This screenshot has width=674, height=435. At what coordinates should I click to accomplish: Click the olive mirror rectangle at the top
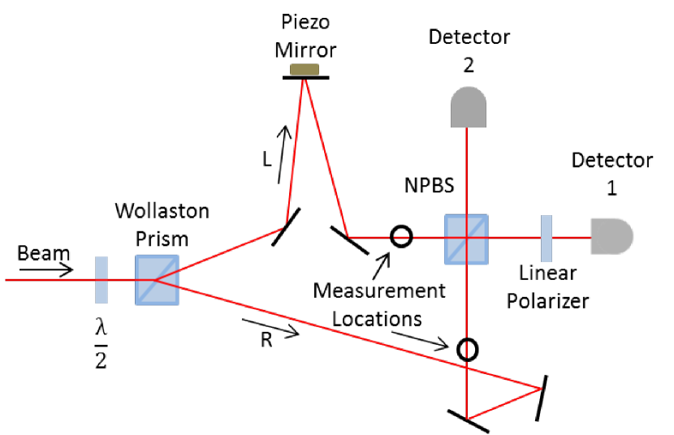point(305,69)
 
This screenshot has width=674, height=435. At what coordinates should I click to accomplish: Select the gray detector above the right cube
point(469,107)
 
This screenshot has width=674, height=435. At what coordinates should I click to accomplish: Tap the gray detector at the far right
point(611,236)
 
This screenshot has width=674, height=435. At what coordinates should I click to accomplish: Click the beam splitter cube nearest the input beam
point(157,280)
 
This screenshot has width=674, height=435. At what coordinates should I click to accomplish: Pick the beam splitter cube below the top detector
point(466,239)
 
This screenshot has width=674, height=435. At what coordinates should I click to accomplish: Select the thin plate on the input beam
point(102,280)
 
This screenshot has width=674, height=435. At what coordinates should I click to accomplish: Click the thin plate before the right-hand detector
point(547,239)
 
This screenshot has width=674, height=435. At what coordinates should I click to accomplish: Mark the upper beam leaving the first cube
point(219,254)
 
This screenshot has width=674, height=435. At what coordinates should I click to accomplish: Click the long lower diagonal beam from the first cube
point(341,333)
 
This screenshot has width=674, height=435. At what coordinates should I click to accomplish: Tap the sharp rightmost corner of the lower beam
point(541,389)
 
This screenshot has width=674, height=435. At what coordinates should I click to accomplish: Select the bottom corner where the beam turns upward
point(467,418)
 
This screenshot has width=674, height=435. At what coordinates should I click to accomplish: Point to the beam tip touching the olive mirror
point(304,80)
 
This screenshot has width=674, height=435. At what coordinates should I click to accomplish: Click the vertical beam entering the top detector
point(466,170)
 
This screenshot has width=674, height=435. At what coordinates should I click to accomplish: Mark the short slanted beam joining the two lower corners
point(503,404)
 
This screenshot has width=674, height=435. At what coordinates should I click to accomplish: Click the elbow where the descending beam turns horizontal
point(348,237)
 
